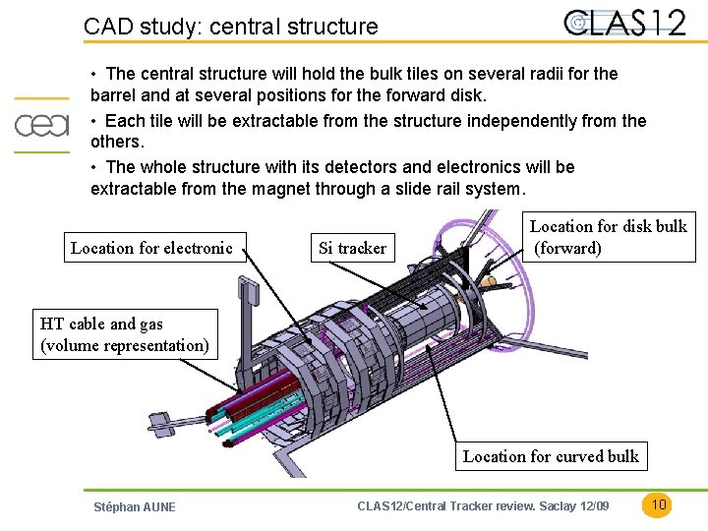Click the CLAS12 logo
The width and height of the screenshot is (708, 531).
pos(624,23)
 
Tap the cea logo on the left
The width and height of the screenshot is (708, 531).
pos(41,125)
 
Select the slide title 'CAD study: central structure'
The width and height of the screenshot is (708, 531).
pos(231,27)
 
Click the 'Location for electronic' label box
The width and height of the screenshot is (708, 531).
pos(151,248)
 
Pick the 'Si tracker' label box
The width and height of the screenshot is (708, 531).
pos(352,248)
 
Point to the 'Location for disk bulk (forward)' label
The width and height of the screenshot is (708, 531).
pos(608,237)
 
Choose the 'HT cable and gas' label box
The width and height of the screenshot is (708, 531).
pos(124,334)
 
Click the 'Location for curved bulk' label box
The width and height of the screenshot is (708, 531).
pos(551,455)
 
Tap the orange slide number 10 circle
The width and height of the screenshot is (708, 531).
pos(659,504)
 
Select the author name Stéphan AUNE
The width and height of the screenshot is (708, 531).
pos(134,506)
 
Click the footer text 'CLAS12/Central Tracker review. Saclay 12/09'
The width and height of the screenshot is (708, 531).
pos(483,506)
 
